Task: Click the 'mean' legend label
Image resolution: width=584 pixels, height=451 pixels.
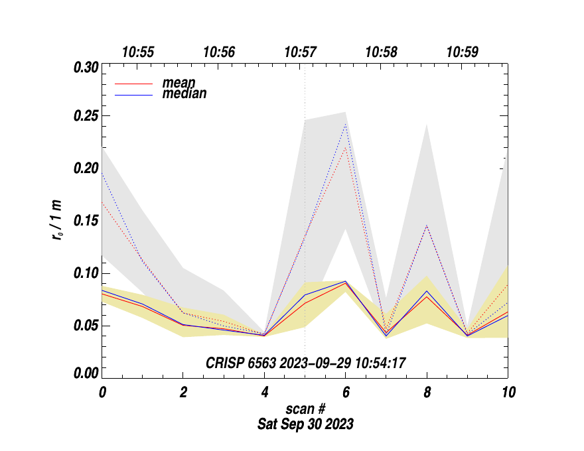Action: pos(179,84)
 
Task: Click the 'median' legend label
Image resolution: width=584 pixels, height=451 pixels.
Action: pos(184,94)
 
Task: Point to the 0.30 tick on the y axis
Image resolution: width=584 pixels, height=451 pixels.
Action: pos(86,67)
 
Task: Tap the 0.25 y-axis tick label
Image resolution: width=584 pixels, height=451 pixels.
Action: pos(86,117)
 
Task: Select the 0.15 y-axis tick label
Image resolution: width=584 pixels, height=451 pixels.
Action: pos(86,221)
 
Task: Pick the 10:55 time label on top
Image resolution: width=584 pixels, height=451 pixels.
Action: pos(138,52)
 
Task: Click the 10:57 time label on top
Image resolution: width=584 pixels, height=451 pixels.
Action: pos(301,52)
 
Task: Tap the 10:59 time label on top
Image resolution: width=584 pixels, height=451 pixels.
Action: pos(463,52)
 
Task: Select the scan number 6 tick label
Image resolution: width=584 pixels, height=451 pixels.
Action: pos(346,393)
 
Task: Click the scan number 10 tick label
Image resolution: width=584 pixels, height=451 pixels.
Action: pos(508,393)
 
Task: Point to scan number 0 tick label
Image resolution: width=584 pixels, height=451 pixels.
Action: pos(102,393)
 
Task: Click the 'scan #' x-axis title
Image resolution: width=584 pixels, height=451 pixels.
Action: pos(305,411)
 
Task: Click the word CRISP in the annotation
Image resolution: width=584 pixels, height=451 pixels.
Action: pos(224,362)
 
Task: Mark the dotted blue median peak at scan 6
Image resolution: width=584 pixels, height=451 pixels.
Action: pos(346,125)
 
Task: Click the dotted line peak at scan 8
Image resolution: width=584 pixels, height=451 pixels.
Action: pos(427,226)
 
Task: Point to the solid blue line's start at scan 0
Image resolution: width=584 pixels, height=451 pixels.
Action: pos(103,290)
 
